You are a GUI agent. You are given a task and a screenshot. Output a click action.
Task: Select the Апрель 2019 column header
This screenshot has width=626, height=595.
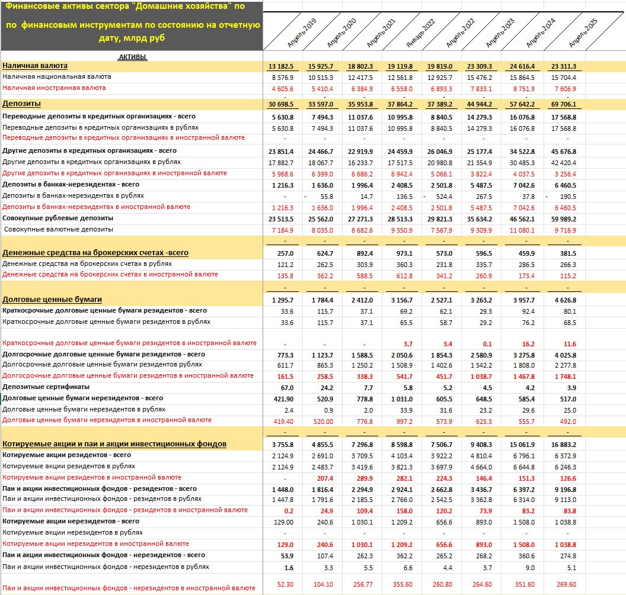coord(302,33)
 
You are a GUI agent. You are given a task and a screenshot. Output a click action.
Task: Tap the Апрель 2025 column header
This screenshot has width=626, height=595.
coord(583,33)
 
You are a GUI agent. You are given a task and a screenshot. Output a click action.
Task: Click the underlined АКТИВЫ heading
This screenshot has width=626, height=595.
coord(132,57)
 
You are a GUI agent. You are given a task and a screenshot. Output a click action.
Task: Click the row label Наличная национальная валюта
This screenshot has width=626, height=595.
coord(57,77)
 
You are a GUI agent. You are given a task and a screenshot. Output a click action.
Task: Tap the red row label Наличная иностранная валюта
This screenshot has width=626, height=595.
coord(54,88)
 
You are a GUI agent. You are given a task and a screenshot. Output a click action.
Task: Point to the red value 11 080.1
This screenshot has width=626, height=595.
coord(522,229)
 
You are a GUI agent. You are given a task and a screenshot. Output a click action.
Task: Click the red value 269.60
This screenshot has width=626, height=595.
coord(564,584)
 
